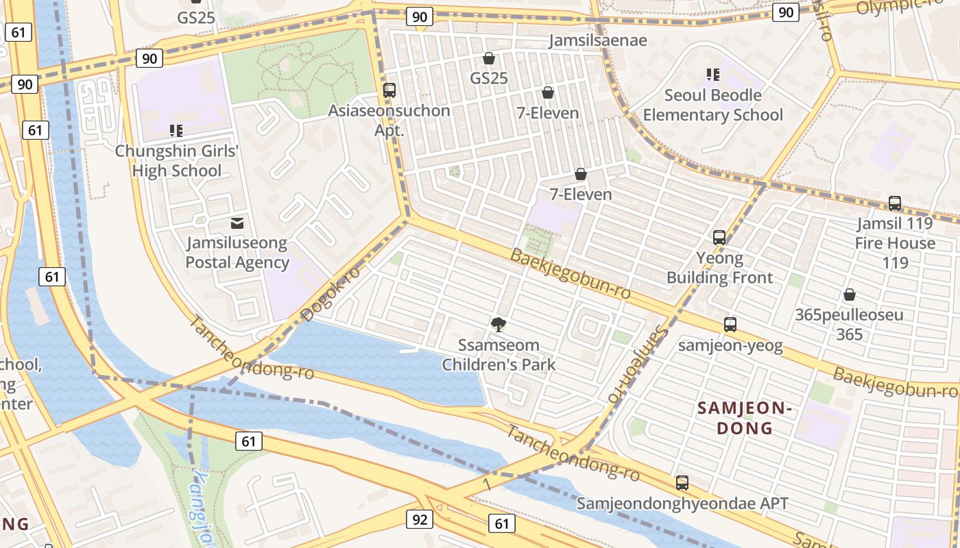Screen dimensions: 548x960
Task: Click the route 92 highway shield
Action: click(420, 519)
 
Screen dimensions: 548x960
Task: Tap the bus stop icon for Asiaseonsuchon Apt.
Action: click(389, 90)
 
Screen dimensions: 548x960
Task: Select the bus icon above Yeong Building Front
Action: click(719, 238)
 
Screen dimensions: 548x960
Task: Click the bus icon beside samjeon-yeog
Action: click(730, 325)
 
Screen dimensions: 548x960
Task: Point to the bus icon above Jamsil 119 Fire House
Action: click(895, 203)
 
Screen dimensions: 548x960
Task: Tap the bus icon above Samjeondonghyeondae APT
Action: click(682, 483)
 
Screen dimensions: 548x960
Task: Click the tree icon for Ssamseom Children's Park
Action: click(499, 324)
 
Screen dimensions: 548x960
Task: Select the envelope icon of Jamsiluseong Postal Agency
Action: click(237, 223)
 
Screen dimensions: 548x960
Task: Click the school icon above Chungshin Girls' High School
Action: click(176, 130)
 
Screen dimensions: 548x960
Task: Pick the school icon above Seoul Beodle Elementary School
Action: click(712, 74)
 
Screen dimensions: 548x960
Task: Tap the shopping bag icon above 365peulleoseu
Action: click(849, 295)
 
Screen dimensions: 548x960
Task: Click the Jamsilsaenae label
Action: click(598, 40)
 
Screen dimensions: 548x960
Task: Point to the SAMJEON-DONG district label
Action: click(745, 419)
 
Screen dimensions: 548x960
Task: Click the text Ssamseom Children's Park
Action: click(499, 355)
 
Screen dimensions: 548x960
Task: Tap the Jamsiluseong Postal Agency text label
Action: click(237, 253)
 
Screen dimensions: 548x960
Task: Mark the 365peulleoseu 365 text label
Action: click(849, 325)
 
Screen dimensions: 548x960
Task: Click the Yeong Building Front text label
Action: click(719, 268)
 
